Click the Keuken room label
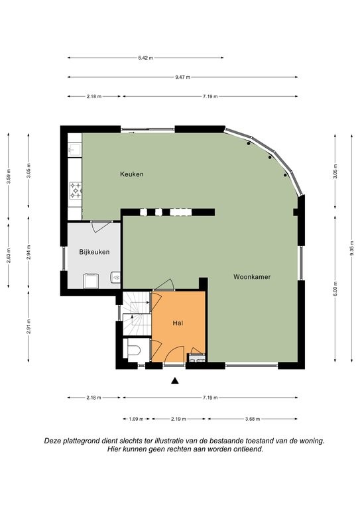[x=132, y=174]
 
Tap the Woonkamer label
[x=252, y=277]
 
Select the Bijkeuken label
[x=94, y=252]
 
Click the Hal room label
[x=178, y=323]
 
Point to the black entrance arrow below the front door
[x=175, y=381]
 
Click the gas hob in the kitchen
[x=76, y=191]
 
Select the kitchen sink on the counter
[x=74, y=150]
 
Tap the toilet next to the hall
[x=134, y=351]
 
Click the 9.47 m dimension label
[x=183, y=78]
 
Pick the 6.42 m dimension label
[x=145, y=58]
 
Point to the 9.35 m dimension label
[x=352, y=249]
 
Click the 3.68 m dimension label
[x=252, y=419]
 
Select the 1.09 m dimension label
[x=136, y=419]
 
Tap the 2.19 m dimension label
[x=178, y=419]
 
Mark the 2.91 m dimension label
[x=29, y=326]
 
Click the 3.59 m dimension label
[x=9, y=176]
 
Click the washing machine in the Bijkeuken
[x=91, y=281]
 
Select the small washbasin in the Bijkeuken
[x=115, y=278]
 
